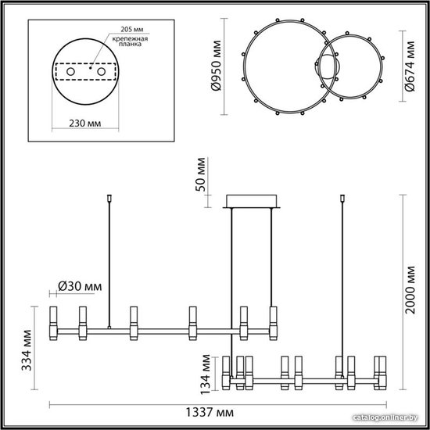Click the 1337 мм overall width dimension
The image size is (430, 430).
click(210, 412)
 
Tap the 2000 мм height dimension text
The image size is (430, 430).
click(410, 290)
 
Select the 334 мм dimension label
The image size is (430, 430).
click(27, 350)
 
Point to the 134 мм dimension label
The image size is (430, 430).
click(206, 374)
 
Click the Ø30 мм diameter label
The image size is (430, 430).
click(80, 287)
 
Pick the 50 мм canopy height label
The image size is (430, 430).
click(200, 174)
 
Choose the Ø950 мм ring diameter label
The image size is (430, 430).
click(216, 66)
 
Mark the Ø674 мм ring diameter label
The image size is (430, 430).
click(410, 66)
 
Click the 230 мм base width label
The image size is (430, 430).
click(85, 124)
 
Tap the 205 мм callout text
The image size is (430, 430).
click(132, 30)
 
